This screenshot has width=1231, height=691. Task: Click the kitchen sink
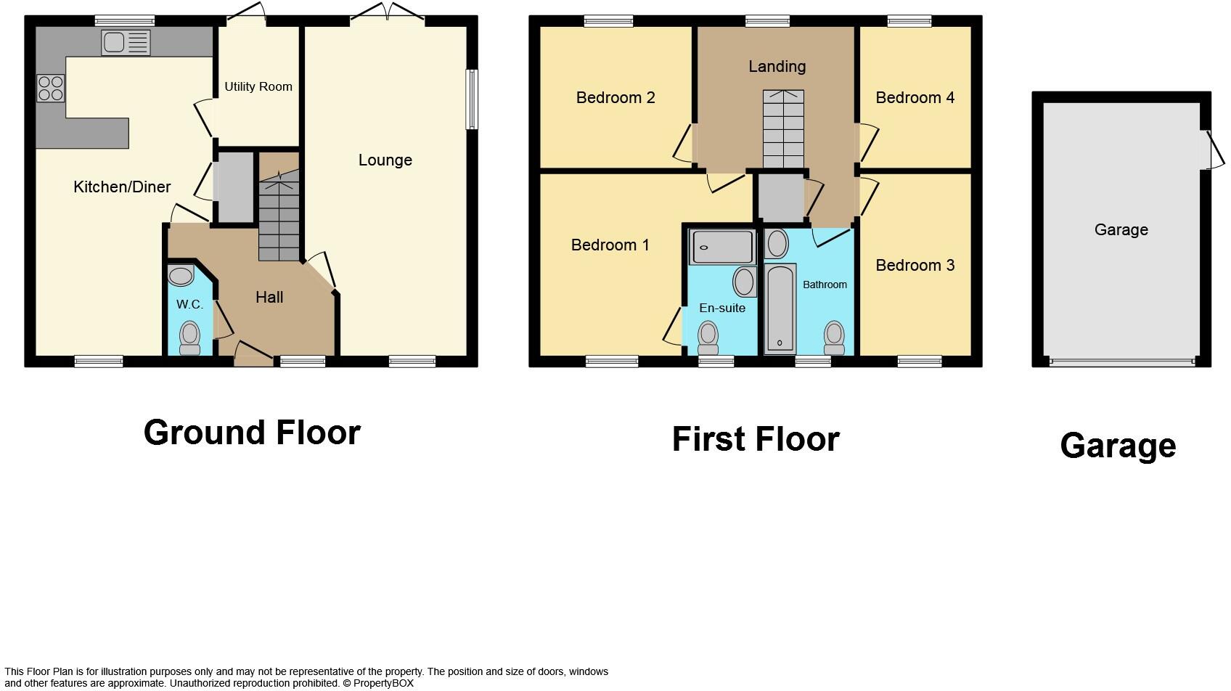tap(126, 43)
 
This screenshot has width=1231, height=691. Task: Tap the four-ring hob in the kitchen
tap(50, 89)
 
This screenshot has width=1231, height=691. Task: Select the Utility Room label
tap(258, 86)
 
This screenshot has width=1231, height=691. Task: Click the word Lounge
tap(385, 160)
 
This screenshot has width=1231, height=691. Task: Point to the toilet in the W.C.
tap(189, 338)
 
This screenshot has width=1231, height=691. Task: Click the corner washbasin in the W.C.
tap(181, 276)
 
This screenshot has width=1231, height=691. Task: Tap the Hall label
tap(269, 297)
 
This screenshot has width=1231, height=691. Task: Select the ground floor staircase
tap(279, 215)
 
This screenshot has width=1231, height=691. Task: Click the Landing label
tap(777, 67)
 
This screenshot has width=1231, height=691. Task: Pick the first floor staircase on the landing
tap(783, 129)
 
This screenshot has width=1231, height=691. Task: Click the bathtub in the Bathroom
tap(780, 308)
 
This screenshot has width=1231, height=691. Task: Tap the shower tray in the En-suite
tap(722, 247)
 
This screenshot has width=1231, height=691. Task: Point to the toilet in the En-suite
tap(708, 338)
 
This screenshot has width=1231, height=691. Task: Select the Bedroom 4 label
tap(915, 97)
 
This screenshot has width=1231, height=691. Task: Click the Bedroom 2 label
tap(615, 97)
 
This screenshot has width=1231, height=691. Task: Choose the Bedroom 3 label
tap(915, 265)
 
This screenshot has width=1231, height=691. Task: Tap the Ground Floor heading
tap(252, 433)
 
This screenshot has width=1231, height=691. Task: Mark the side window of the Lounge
tap(472, 99)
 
